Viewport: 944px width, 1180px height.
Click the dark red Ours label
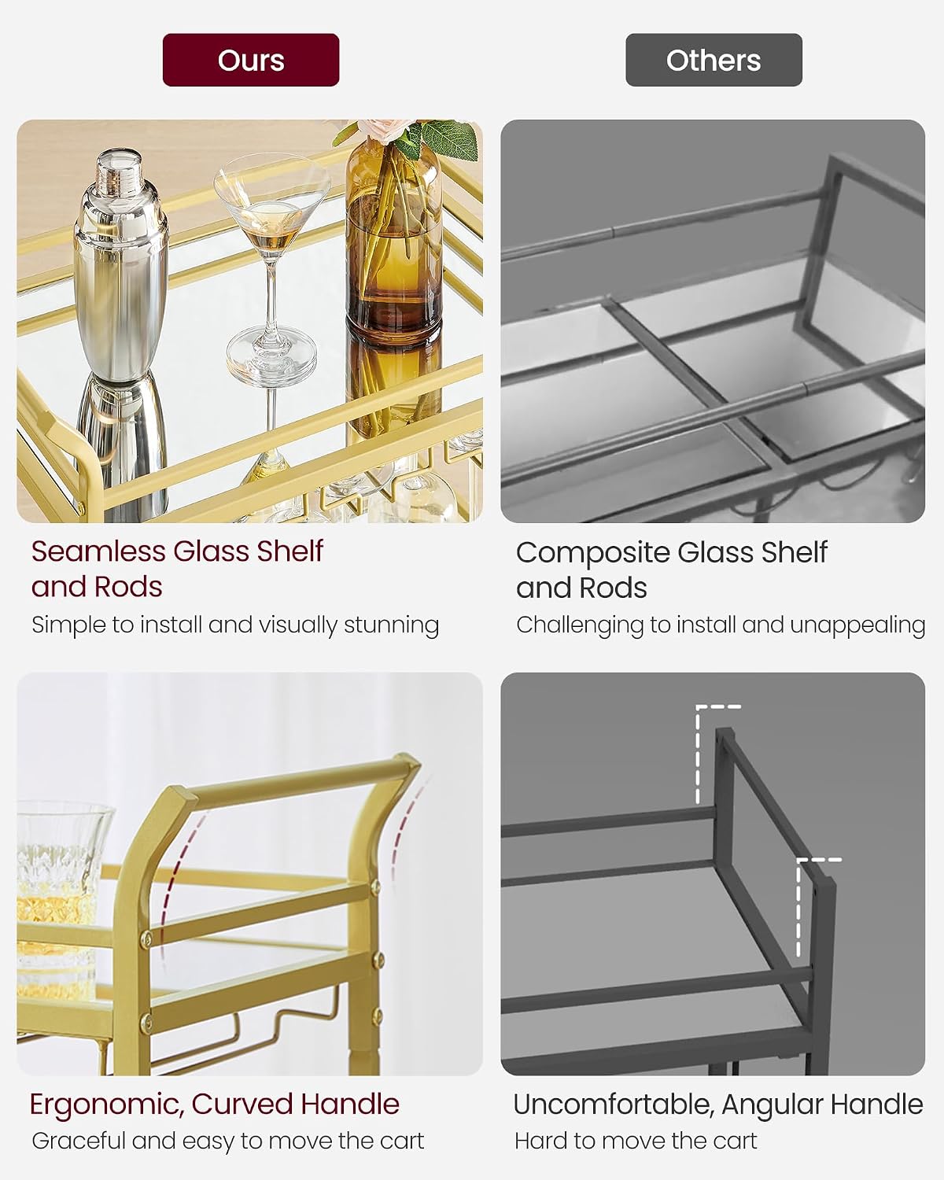(251, 60)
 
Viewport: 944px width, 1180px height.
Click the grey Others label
(714, 60)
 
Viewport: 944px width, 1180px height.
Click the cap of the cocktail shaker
(119, 168)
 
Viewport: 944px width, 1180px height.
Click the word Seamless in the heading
(98, 551)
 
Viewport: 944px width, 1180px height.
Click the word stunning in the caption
(391, 625)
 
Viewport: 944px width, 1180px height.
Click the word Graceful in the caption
(79, 1141)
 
